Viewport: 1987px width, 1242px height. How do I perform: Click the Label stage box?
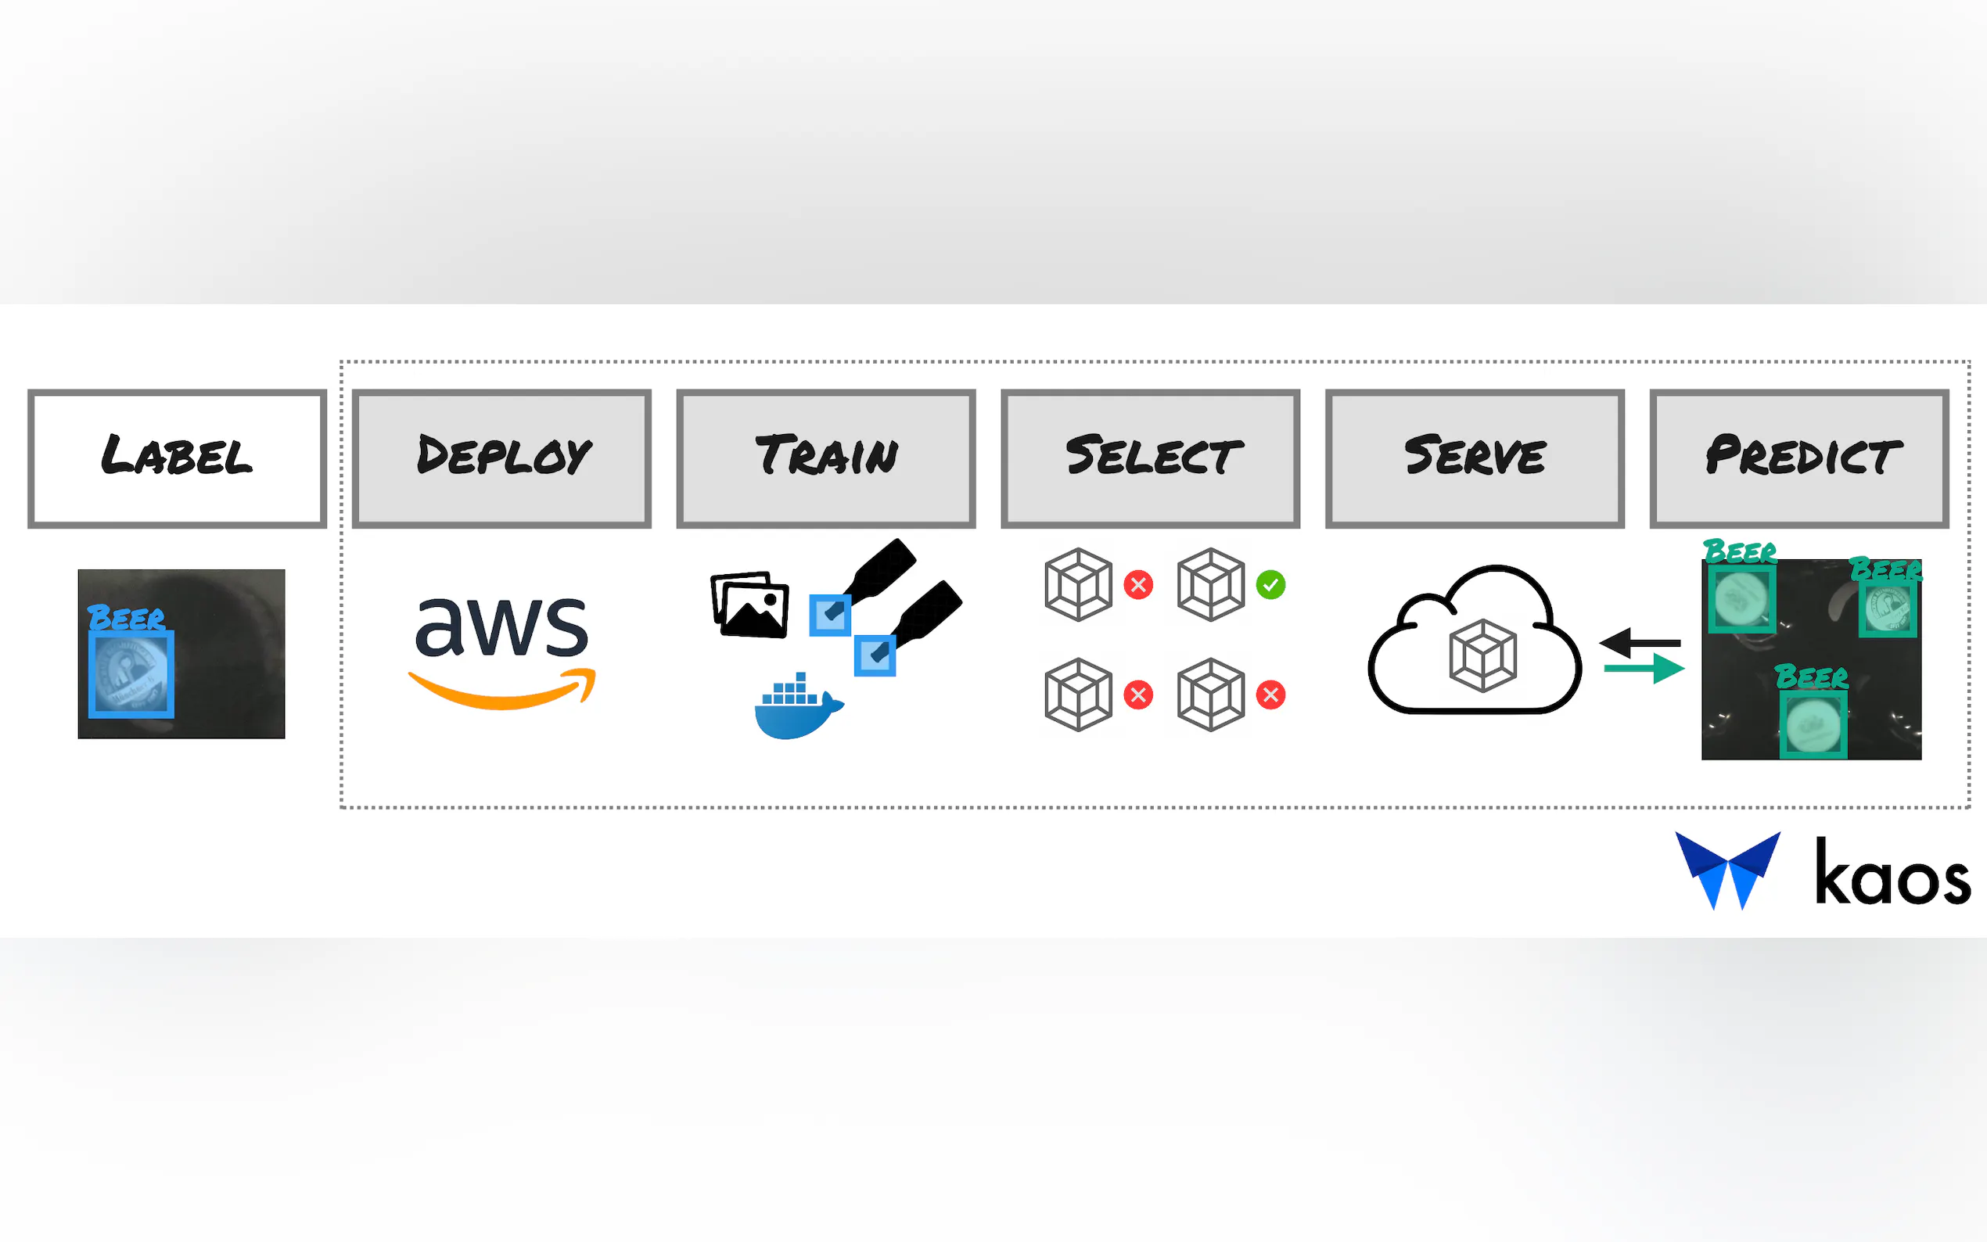177,458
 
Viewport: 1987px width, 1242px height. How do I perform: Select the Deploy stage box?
501,458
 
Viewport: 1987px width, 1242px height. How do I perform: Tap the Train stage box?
825,458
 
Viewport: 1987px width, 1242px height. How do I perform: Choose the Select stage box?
1150,458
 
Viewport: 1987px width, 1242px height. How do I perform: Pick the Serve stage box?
1475,458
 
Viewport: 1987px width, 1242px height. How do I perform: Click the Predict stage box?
1799,458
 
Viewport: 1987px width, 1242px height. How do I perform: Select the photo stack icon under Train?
750,605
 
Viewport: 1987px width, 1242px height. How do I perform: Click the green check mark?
1270,585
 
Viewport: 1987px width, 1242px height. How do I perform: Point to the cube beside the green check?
1211,585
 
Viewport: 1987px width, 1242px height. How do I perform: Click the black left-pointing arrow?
1639,642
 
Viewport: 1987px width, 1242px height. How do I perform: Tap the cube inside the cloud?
1482,655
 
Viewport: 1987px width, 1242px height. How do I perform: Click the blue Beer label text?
126,618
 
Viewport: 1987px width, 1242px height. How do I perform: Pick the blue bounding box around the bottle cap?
131,674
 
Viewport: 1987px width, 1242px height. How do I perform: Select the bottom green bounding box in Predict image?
1813,723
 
